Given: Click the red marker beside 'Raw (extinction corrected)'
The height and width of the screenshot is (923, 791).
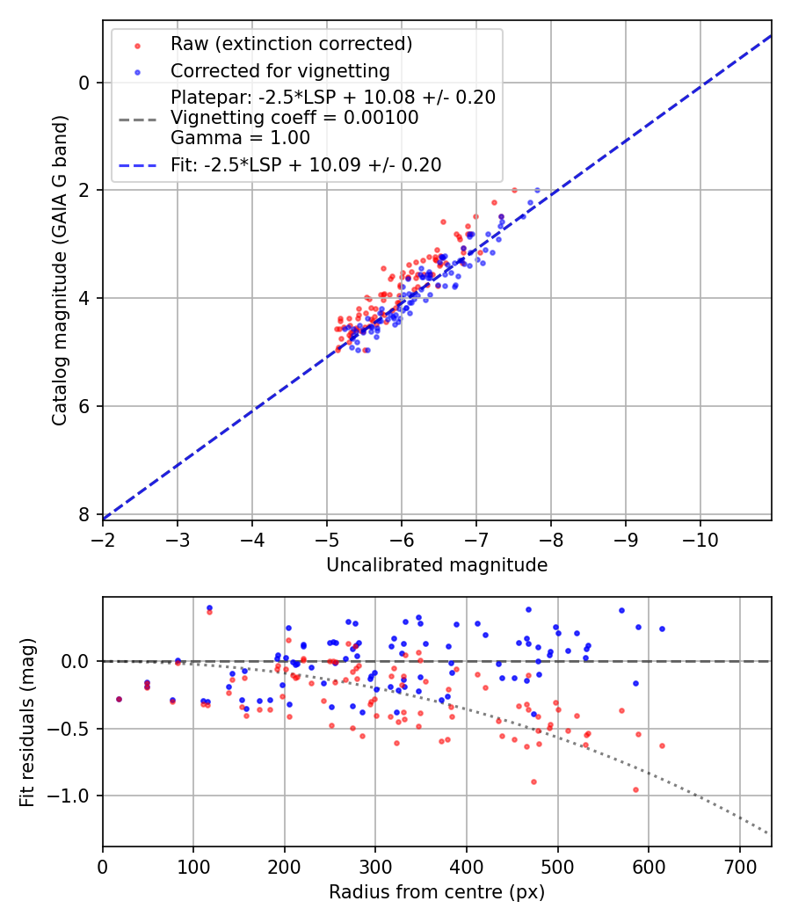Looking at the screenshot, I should [x=137, y=44].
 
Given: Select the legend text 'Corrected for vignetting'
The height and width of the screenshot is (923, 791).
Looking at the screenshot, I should [x=279, y=70].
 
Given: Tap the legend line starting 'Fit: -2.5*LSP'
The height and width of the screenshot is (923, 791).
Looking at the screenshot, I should [x=306, y=164].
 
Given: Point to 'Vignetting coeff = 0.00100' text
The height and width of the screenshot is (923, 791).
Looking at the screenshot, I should [x=294, y=117].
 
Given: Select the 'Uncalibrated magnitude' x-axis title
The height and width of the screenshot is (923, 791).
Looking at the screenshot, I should [x=437, y=565].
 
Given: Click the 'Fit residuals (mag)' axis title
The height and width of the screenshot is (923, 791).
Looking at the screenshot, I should [x=27, y=722].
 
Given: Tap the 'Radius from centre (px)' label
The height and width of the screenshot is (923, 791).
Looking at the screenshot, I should [x=437, y=892].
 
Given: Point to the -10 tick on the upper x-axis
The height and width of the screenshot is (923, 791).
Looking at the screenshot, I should [x=700, y=535].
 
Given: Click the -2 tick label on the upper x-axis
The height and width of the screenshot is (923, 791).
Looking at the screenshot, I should [x=103, y=535].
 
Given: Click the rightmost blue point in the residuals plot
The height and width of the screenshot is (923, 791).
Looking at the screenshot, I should [x=662, y=629].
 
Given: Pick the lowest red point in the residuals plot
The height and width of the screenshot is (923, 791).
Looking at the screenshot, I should [x=635, y=789].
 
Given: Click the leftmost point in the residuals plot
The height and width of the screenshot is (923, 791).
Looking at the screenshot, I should [x=119, y=699].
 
